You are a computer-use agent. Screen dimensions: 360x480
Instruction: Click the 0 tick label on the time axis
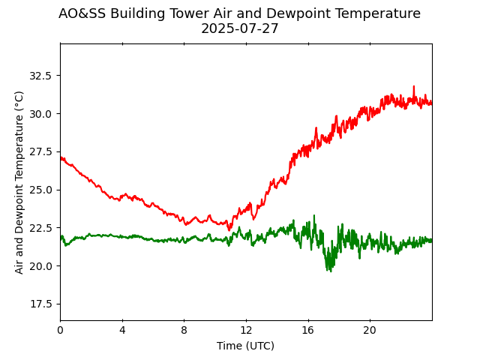click(x=60, y=329)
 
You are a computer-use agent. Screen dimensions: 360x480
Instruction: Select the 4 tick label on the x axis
click(x=122, y=329)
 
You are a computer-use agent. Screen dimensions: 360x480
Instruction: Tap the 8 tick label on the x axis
click(x=184, y=329)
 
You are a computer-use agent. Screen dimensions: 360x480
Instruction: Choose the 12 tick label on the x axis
click(x=246, y=329)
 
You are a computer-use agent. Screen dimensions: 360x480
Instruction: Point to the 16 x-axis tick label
click(x=307, y=329)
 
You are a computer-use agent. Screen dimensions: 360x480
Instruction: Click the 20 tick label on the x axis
click(x=370, y=329)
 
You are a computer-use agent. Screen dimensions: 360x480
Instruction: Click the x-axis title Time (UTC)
click(x=245, y=346)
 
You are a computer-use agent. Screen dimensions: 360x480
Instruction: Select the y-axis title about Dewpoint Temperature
click(x=19, y=182)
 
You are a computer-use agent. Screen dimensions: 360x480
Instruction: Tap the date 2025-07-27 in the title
click(x=239, y=29)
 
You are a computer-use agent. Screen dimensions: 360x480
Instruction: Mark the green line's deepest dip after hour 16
click(x=329, y=271)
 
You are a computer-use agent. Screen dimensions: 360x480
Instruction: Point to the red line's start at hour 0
click(x=61, y=157)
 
